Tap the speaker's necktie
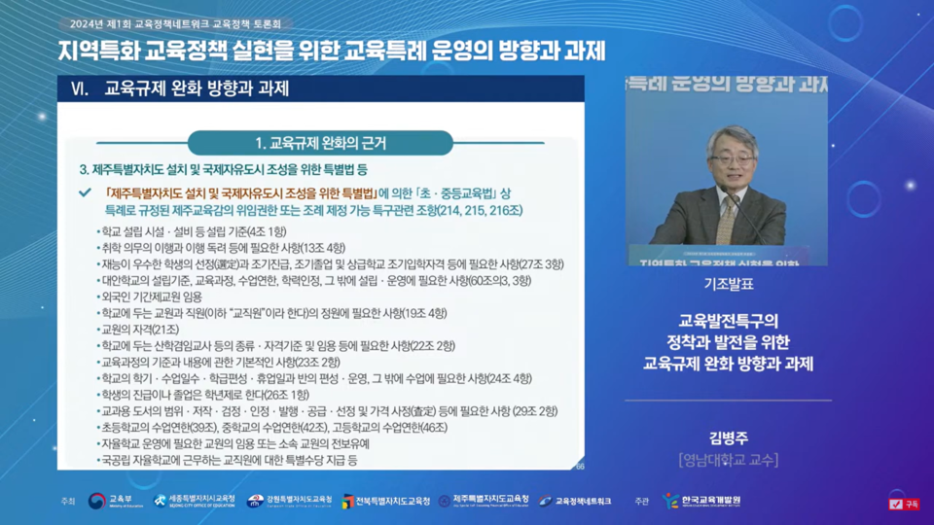point(726,218)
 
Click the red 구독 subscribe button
point(904,504)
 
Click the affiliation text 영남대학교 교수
point(728,460)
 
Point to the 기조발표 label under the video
point(728,285)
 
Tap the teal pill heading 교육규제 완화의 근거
point(320,143)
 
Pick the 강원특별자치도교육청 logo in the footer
point(289,501)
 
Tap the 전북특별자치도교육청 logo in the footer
point(385,501)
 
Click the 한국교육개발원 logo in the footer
point(701,501)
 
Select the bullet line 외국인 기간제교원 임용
point(154,297)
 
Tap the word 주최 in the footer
point(67,502)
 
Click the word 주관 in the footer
point(641,502)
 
